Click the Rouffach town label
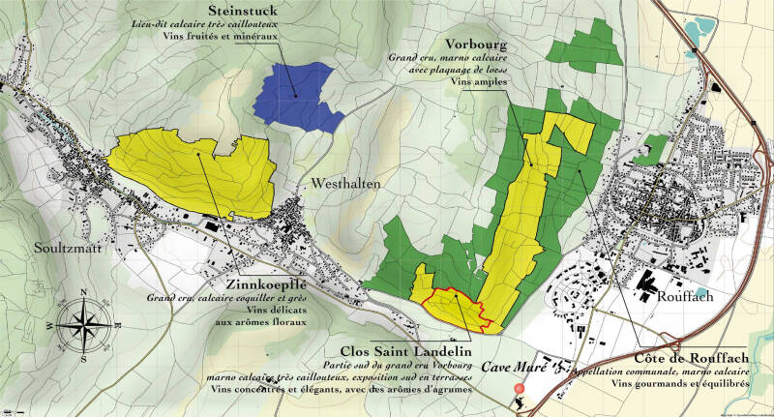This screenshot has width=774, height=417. (684, 296)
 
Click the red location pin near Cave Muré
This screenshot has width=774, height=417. (520, 389)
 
